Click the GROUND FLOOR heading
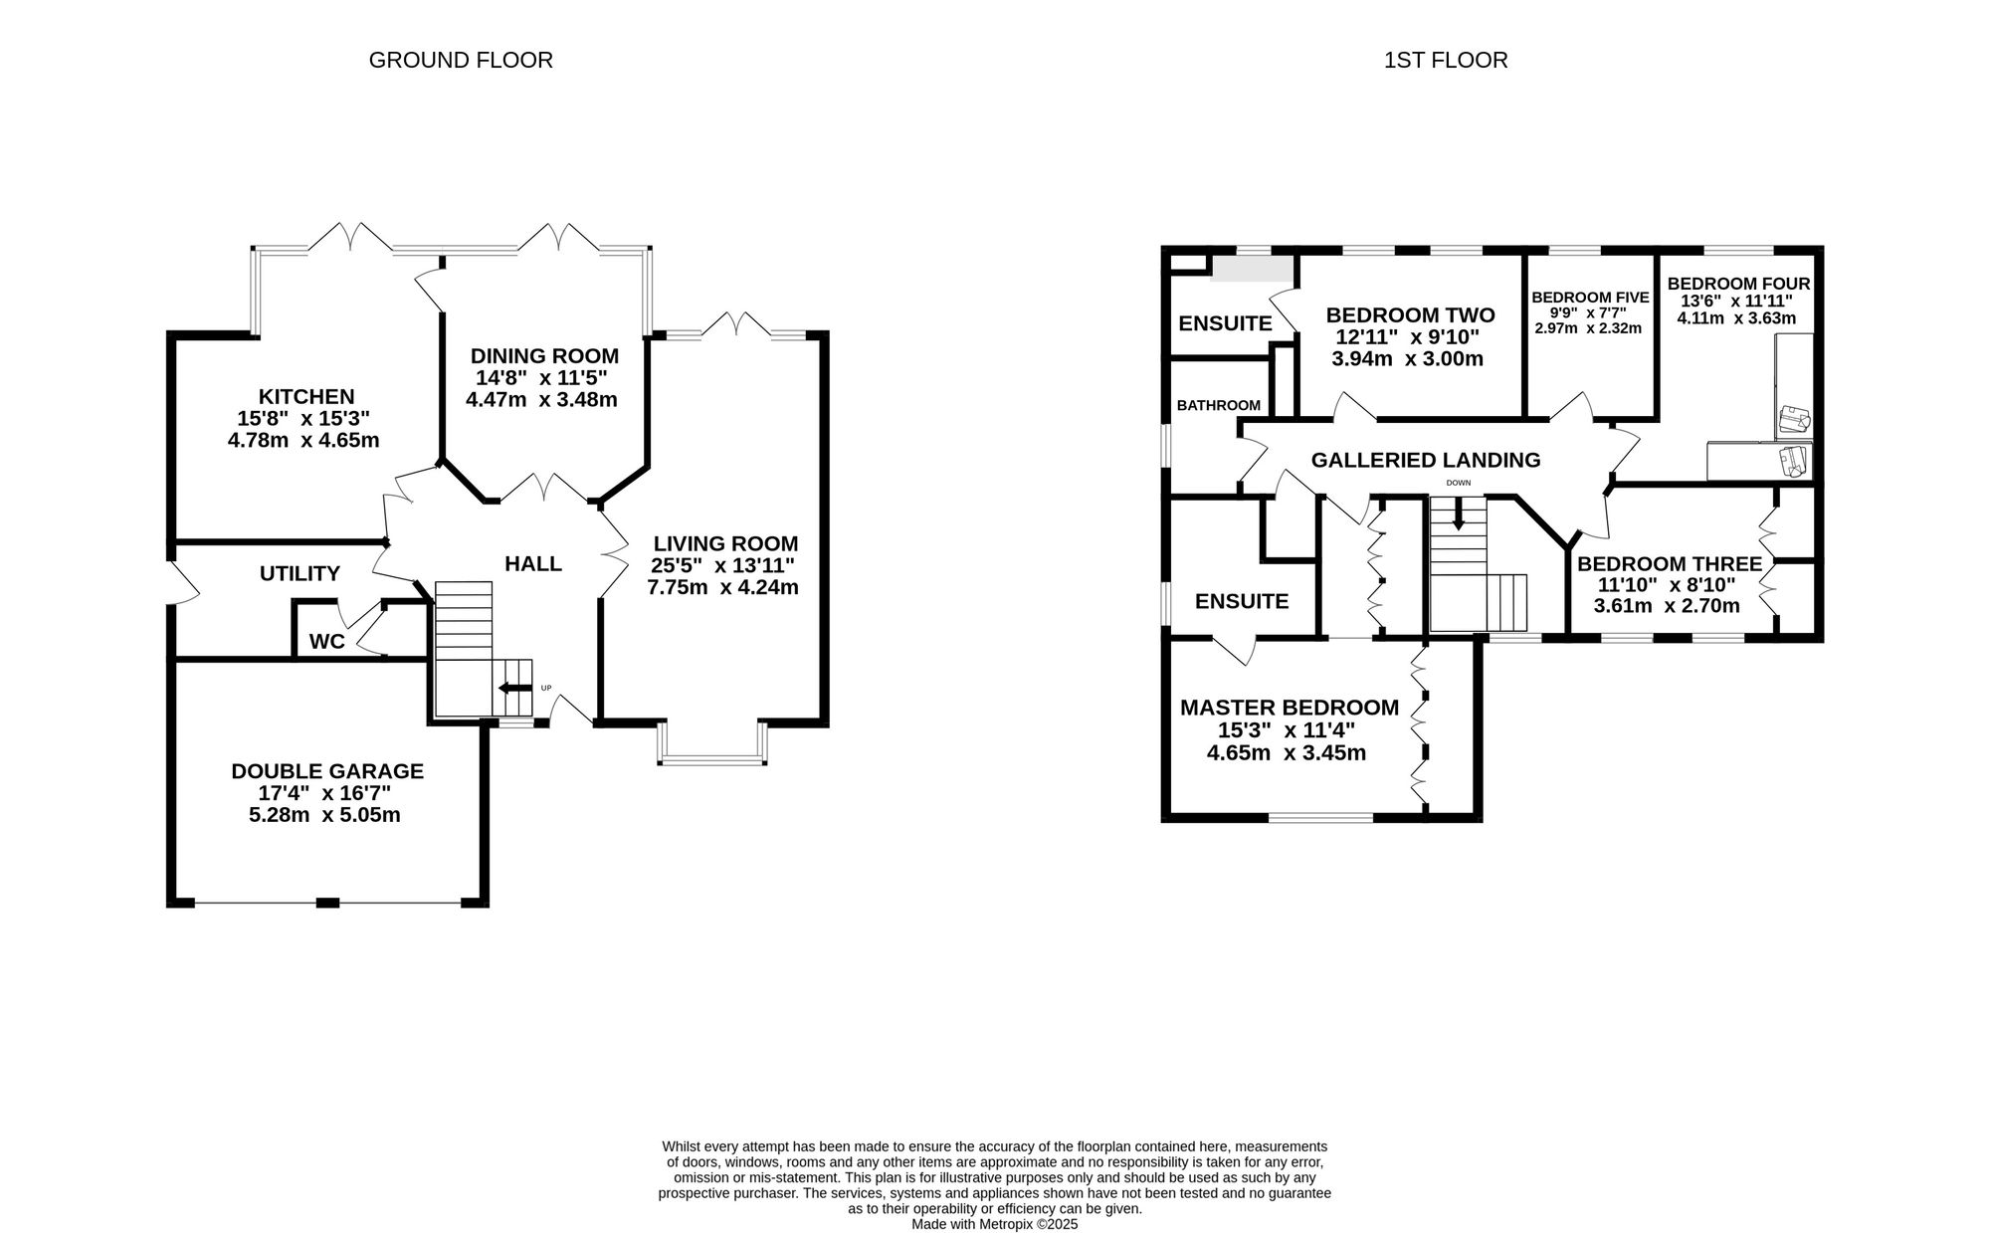(x=461, y=60)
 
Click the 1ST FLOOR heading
(x=1446, y=60)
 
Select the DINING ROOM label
(x=544, y=355)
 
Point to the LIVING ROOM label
(x=725, y=543)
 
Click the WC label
(x=326, y=642)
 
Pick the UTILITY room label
(x=299, y=573)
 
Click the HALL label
(x=533, y=563)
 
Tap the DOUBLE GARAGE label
(x=327, y=770)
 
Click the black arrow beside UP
(x=514, y=688)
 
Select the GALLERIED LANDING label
(x=1426, y=460)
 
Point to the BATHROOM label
(x=1219, y=405)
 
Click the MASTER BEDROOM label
(x=1290, y=708)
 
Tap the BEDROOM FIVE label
(x=1590, y=297)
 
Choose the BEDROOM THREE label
(x=1670, y=563)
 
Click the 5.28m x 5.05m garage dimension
(x=324, y=815)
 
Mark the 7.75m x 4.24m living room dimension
(x=723, y=587)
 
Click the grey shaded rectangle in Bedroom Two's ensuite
(x=1251, y=270)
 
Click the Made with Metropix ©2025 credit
(x=995, y=1225)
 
